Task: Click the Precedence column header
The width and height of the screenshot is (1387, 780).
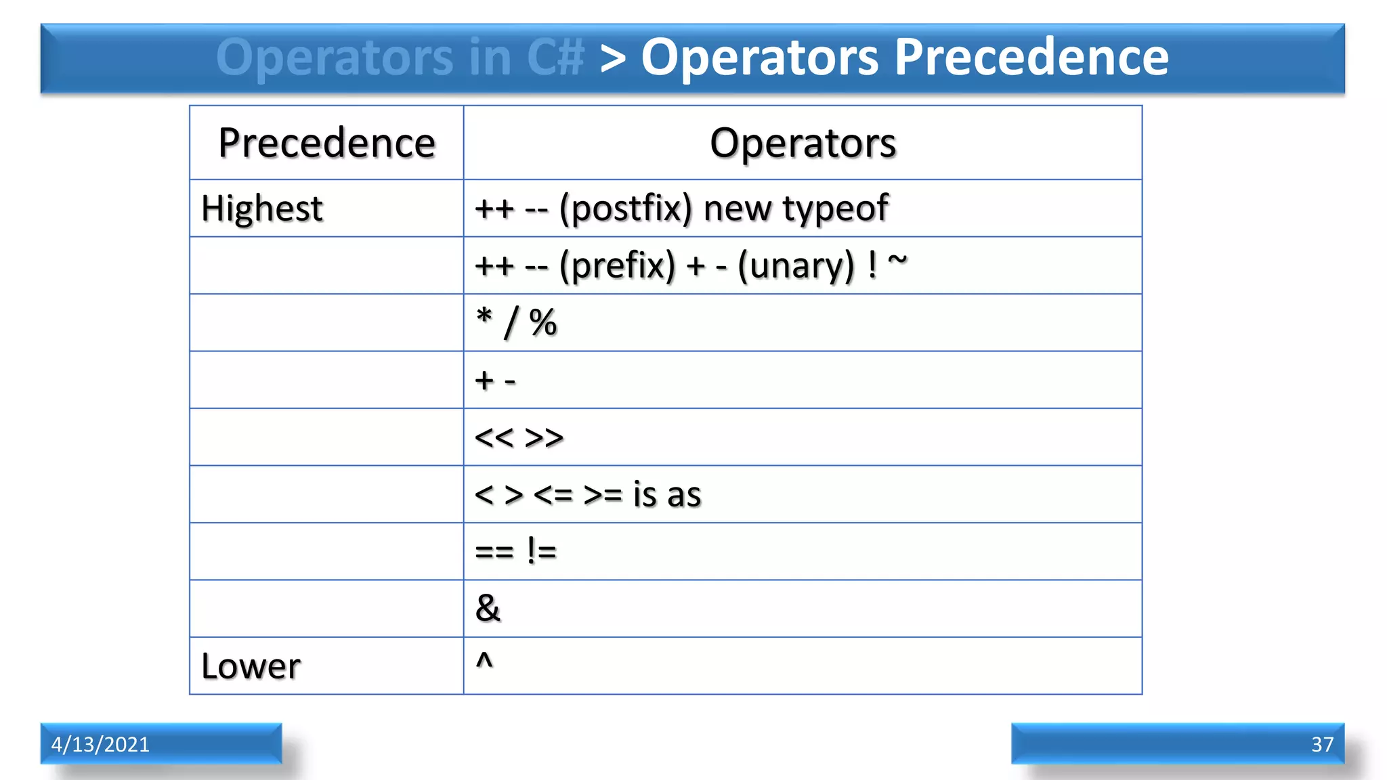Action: point(326,143)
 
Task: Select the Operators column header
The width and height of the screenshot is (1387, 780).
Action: point(803,143)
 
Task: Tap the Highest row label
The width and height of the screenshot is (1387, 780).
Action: point(261,209)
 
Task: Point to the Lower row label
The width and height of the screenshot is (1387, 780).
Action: point(251,666)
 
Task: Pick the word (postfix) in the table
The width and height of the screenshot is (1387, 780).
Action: point(625,209)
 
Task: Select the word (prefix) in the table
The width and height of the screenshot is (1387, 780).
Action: point(617,265)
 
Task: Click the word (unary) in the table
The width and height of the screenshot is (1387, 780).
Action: point(796,265)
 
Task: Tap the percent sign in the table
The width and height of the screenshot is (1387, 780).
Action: point(542,323)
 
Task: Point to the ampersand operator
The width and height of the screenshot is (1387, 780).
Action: point(488,608)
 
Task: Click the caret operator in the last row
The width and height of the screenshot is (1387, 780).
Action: point(484,660)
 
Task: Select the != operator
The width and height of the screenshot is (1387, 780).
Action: point(541,551)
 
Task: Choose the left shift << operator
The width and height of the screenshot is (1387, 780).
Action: point(494,438)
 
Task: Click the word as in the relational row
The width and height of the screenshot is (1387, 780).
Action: point(683,495)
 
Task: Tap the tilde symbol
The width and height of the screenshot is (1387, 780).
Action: point(897,259)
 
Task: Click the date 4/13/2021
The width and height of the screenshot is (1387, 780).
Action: point(100,744)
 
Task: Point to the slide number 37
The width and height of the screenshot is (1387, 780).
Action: point(1322,744)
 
